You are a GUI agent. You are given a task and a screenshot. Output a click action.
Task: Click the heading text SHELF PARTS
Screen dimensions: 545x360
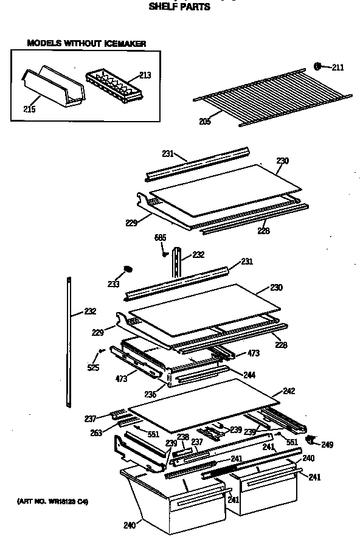click(179, 7)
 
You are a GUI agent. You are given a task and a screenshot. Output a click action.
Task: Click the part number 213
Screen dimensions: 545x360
click(145, 75)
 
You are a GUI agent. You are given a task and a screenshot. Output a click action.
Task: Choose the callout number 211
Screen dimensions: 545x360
click(337, 67)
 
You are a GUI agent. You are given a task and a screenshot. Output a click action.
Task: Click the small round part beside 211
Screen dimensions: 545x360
click(317, 66)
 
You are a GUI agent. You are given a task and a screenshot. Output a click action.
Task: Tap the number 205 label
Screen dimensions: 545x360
click(206, 121)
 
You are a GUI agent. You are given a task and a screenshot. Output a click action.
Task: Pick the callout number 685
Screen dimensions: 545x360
click(160, 237)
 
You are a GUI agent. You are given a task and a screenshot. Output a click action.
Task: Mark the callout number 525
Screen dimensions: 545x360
click(93, 367)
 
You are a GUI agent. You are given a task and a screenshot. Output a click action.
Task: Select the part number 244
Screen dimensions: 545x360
click(249, 375)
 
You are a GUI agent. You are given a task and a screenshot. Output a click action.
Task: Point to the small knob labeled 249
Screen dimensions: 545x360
click(311, 439)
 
